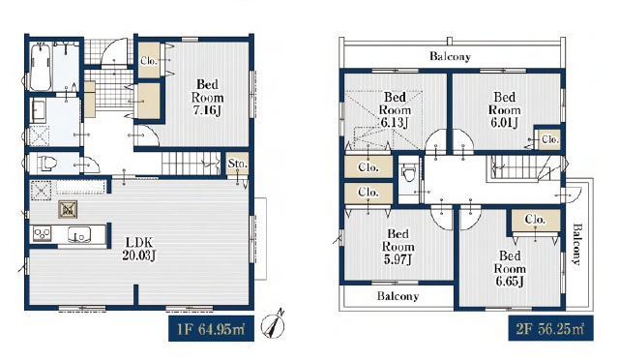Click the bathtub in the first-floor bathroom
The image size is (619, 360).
coord(41,67)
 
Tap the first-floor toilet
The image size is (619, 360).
coord(47,164)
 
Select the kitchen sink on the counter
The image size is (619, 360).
coord(79,234)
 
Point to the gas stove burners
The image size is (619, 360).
coord(42,233)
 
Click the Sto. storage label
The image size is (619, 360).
coord(238,164)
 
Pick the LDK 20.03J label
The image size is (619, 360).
coord(139,249)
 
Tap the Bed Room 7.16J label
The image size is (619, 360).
coord(207,97)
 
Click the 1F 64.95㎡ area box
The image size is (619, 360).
coord(211,329)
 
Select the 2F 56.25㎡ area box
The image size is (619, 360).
coord(550,328)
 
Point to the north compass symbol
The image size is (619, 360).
coord(274,325)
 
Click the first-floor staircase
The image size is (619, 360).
coord(191,164)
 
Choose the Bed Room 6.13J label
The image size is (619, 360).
coord(395,110)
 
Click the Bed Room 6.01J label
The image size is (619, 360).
coord(505,110)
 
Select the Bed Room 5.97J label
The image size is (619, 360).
coord(398,247)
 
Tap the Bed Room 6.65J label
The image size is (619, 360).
coord(510,268)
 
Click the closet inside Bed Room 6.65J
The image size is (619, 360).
coord(536,221)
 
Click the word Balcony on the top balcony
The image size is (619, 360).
coord(450,56)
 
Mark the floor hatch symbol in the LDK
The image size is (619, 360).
coord(68,209)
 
